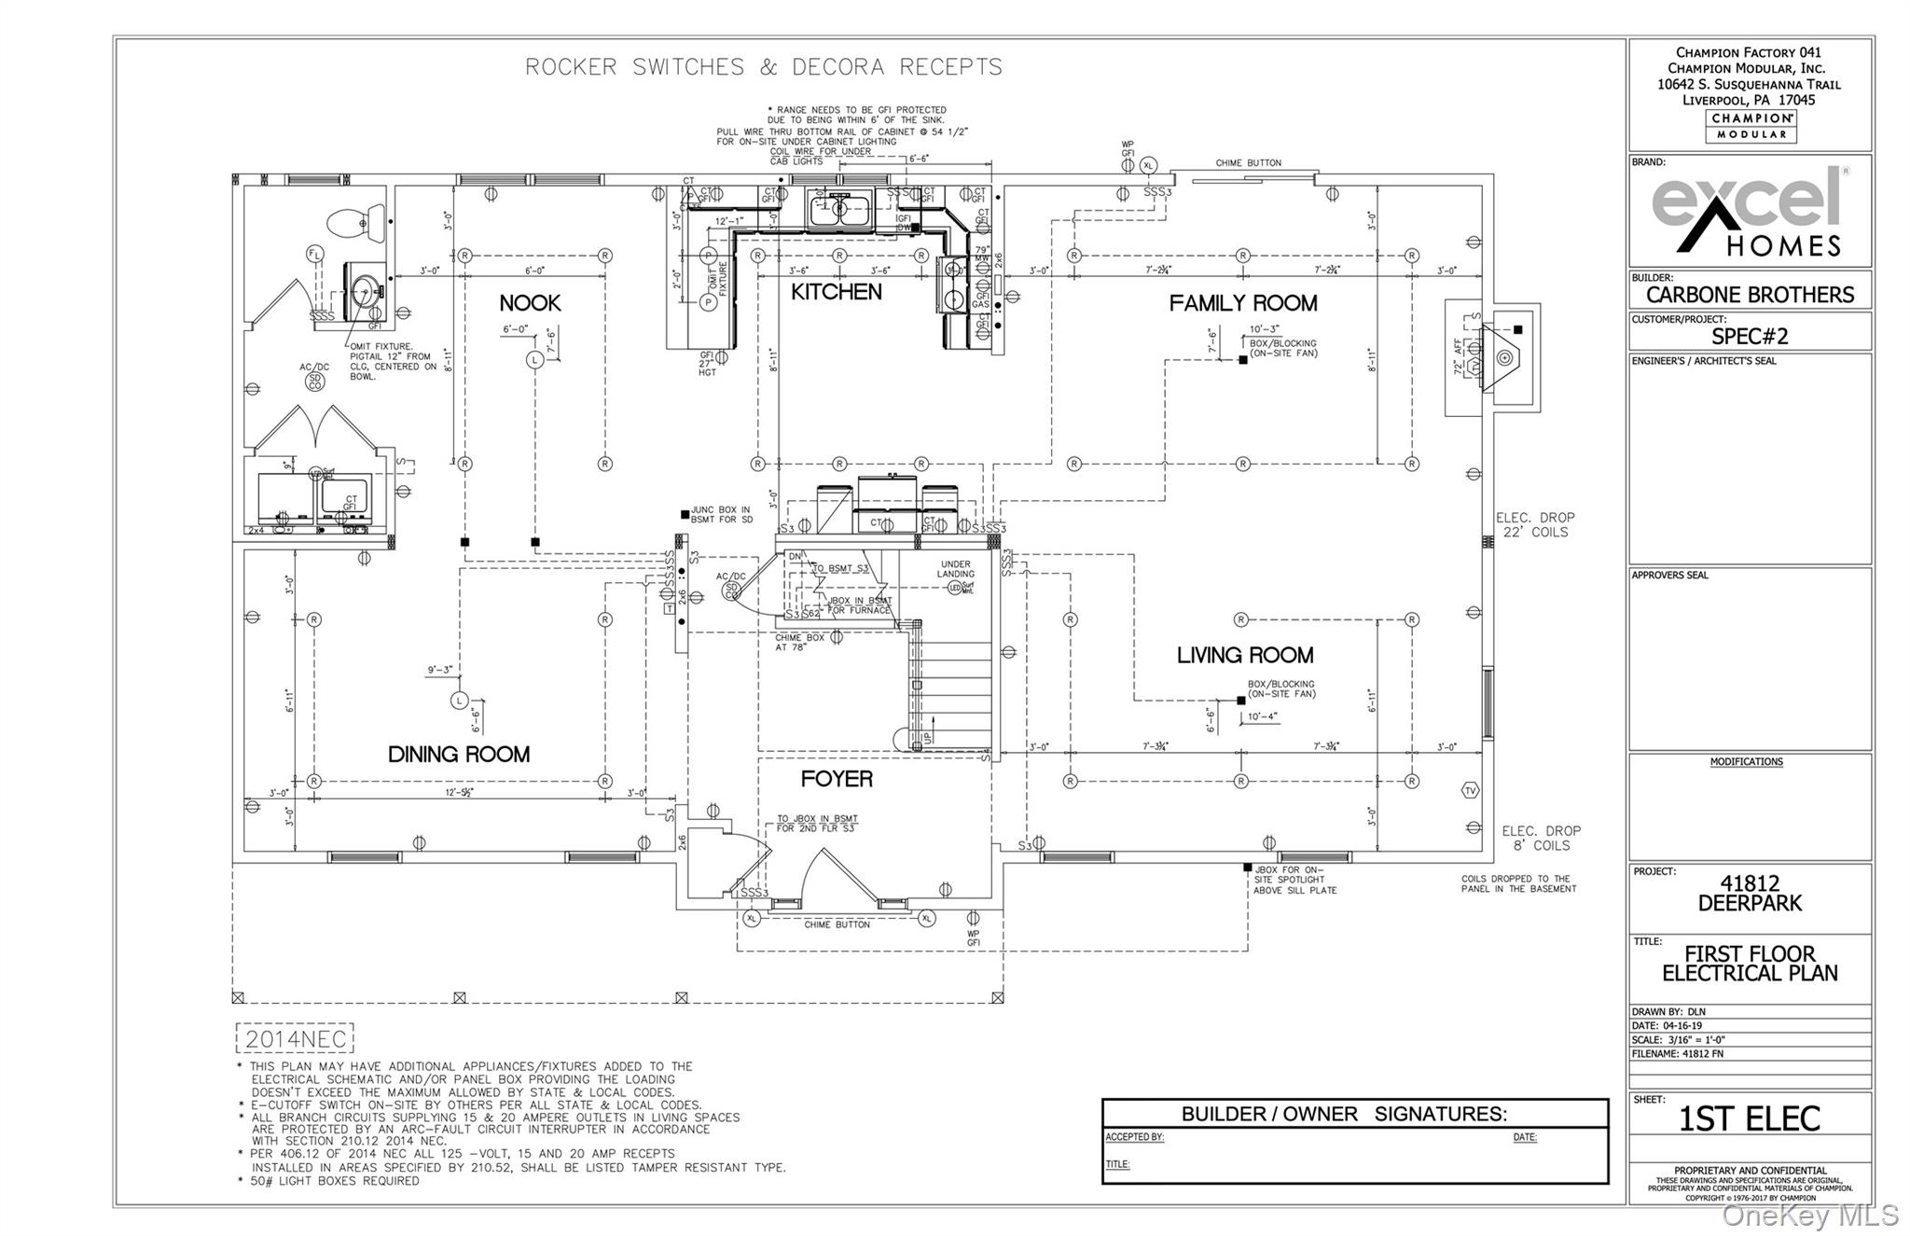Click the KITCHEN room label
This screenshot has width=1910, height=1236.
[836, 292]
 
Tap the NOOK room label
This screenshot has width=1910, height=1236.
[530, 303]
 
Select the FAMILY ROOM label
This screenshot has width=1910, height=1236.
[1242, 303]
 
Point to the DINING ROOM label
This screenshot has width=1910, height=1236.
[458, 754]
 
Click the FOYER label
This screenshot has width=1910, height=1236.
[837, 779]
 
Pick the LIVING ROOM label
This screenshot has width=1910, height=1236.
[1244, 655]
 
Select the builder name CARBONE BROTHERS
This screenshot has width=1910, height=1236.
[1750, 295]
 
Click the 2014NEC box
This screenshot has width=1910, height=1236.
[295, 1039]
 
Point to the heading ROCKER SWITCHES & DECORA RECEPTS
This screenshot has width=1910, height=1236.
[764, 67]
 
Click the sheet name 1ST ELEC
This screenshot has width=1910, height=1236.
[1749, 1118]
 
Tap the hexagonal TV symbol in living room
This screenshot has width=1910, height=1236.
[1470, 790]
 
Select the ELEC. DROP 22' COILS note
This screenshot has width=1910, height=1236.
[1534, 524]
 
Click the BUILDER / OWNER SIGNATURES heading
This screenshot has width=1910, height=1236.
[1343, 1114]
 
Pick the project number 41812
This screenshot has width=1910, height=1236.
[1750, 882]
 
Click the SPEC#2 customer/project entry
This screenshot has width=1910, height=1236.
[1750, 336]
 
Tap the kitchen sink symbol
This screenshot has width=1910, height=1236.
[838, 209]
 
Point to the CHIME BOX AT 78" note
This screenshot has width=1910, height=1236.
[799, 642]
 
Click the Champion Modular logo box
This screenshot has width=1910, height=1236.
[1751, 126]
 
